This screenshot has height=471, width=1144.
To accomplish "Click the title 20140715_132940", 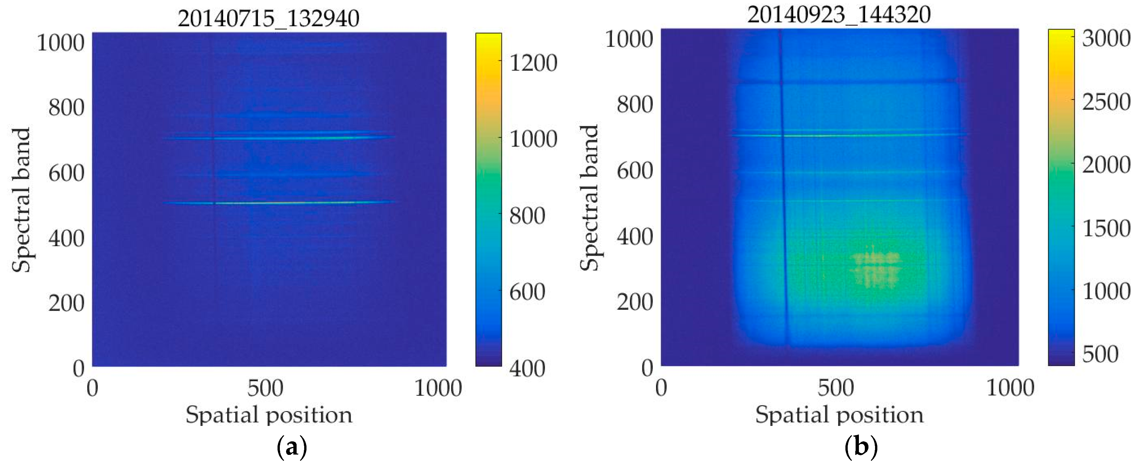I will tap(268, 19).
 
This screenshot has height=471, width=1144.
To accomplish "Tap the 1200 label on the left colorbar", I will tap(533, 63).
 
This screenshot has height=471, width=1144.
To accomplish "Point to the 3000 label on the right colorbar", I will tap(1106, 39).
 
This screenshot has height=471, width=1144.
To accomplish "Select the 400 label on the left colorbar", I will tap(527, 368).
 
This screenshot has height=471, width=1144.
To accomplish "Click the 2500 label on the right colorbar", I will tap(1106, 102).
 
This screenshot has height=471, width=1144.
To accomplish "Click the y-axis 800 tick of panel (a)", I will tap(66, 108).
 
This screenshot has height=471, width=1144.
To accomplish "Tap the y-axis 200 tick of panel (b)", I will tap(635, 302).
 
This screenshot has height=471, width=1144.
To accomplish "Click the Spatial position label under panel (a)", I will tap(269, 415).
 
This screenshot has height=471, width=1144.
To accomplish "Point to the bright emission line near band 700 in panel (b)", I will tap(844, 135).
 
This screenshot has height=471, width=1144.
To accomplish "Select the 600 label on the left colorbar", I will tap(527, 292).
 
